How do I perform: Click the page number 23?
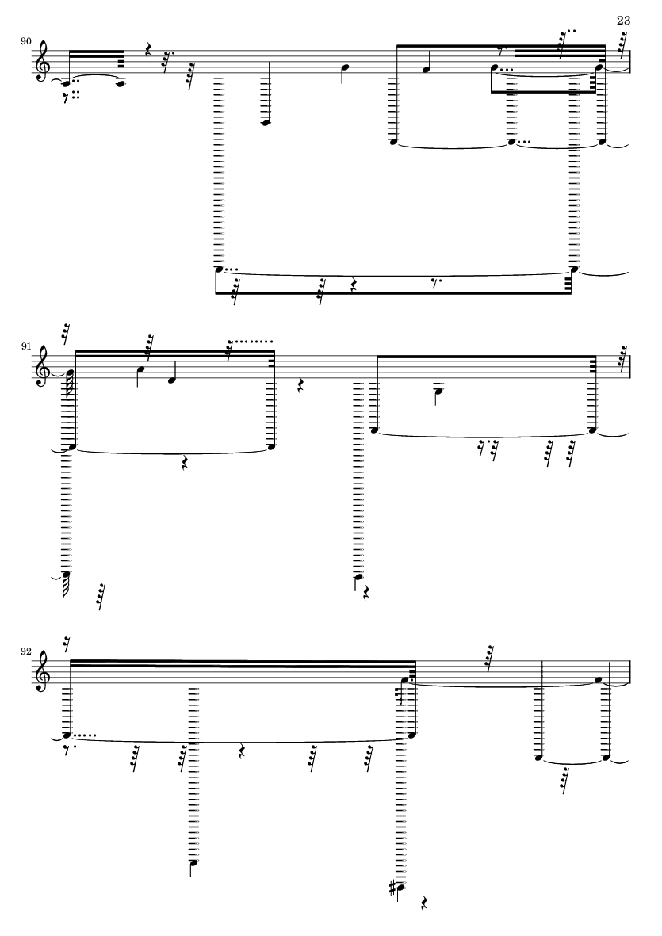point(623,21)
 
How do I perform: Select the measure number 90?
point(25,41)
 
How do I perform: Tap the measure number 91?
point(25,346)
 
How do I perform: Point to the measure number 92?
point(25,651)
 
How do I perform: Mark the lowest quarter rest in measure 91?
point(367,592)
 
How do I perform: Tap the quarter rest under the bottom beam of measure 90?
point(353,285)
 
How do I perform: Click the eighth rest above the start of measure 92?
point(67,644)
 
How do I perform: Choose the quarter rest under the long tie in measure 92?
point(241,752)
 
